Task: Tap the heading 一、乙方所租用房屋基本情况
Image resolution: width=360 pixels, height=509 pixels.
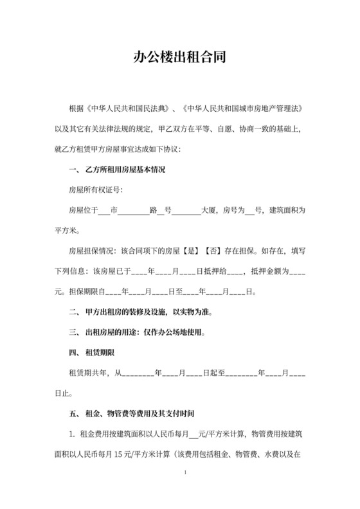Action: point(116,170)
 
